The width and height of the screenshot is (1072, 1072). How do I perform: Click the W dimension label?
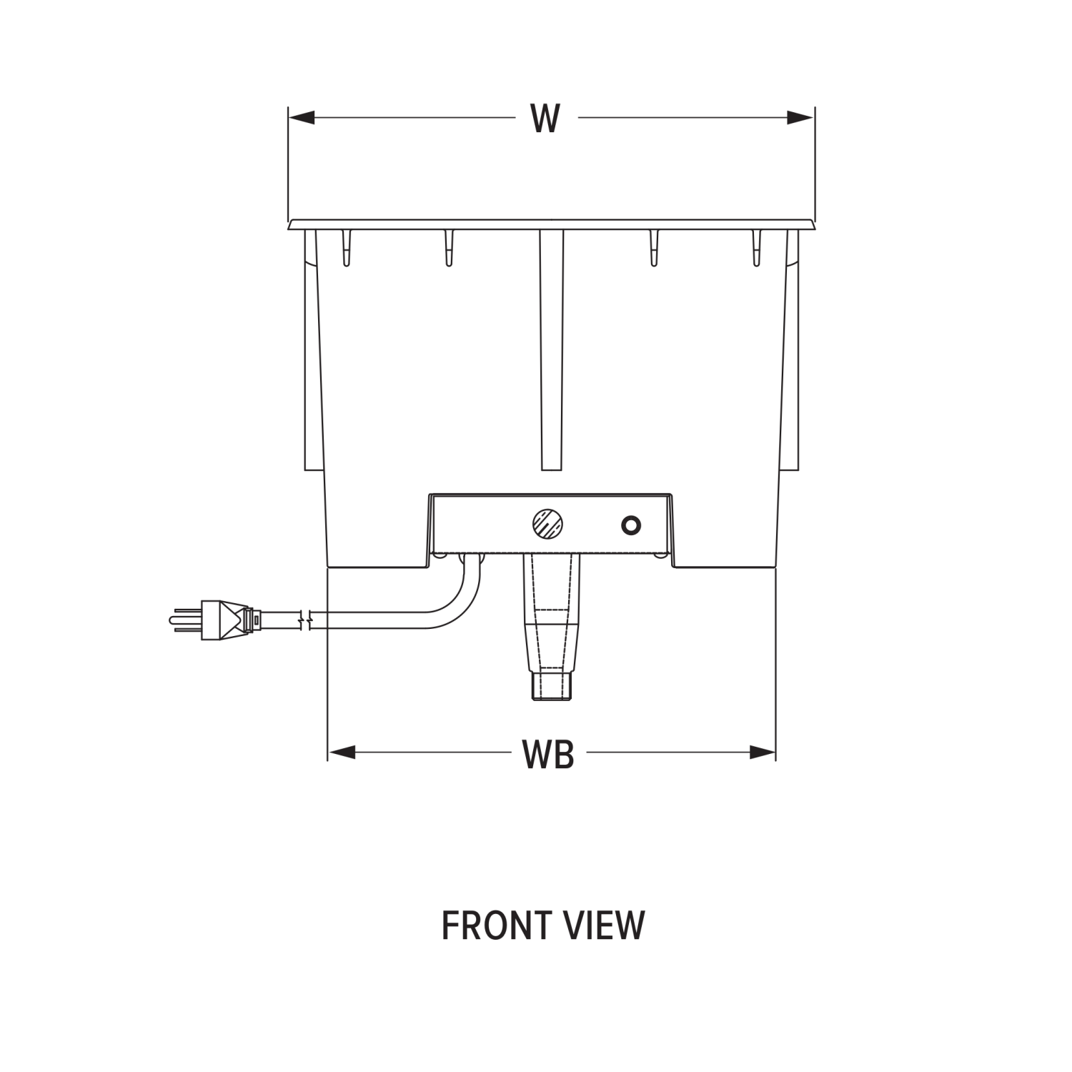click(545, 119)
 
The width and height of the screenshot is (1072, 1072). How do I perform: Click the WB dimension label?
click(548, 754)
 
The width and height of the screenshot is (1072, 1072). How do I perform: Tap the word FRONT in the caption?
click(490, 925)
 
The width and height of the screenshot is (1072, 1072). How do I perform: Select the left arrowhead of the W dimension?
click(302, 117)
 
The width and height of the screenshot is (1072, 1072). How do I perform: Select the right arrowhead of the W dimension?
click(800, 117)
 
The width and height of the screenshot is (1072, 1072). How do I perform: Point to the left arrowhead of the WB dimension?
click(342, 752)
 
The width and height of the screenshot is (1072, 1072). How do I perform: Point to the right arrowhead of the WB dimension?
click(763, 752)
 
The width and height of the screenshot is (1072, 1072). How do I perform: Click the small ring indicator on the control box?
click(630, 526)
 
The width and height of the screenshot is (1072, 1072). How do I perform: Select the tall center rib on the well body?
click(551, 350)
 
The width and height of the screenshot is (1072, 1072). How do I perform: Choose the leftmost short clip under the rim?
click(346, 248)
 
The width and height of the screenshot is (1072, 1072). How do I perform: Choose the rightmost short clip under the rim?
click(757, 248)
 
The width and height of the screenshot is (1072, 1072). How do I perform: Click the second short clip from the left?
click(449, 248)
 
